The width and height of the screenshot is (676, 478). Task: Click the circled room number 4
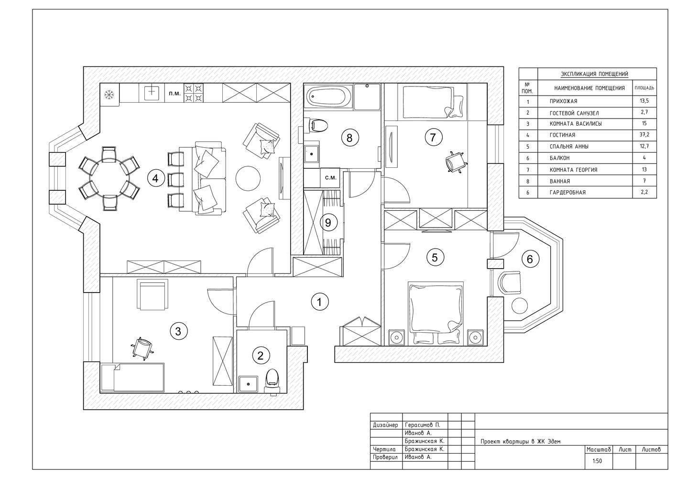[x=156, y=179]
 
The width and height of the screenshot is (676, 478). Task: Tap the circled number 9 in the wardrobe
[x=328, y=223]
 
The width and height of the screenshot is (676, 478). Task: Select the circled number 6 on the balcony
[x=530, y=259]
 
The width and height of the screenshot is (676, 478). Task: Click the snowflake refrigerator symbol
[x=109, y=95]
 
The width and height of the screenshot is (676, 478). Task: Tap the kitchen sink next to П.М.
[x=152, y=93]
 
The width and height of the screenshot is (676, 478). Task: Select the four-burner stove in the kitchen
[x=194, y=93]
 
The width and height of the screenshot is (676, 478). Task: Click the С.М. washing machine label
[x=330, y=178]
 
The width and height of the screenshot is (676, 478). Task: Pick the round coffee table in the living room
[x=248, y=178]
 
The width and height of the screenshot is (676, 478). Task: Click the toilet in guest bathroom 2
[x=273, y=381]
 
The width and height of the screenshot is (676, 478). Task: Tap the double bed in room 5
[x=436, y=314]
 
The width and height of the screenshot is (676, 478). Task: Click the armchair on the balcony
[x=510, y=282]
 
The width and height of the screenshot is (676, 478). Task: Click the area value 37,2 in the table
[x=644, y=135]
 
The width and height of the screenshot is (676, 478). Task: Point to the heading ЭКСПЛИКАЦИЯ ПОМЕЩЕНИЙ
[x=594, y=74]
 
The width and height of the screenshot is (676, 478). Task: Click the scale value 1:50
[x=597, y=461]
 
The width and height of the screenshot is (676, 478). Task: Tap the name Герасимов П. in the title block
[x=423, y=425]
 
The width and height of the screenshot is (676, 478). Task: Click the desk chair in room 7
[x=456, y=162]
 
